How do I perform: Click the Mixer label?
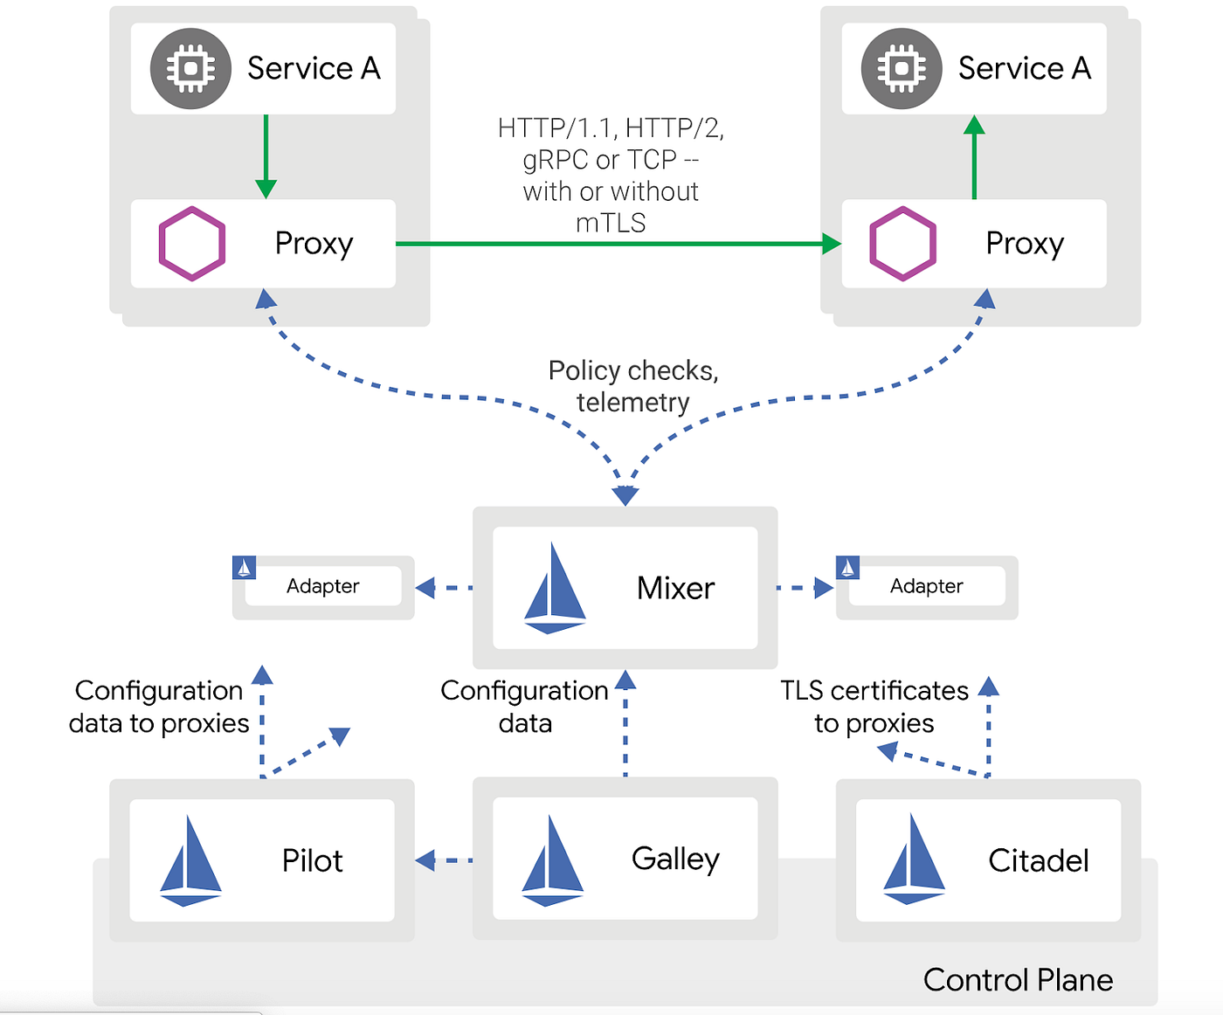pyautogui.click(x=675, y=588)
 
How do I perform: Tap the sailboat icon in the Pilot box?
pyautogui.click(x=190, y=860)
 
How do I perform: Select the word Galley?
pyautogui.click(x=675, y=860)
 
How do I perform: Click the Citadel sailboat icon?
pyautogui.click(x=914, y=859)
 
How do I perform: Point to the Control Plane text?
pyautogui.click(x=1018, y=980)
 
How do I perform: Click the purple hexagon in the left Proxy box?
pyautogui.click(x=192, y=244)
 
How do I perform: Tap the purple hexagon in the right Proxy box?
pyautogui.click(x=902, y=244)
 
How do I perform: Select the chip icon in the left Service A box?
pyautogui.click(x=190, y=68)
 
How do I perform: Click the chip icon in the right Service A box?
pyautogui.click(x=902, y=68)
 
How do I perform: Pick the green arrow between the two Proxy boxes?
pyautogui.click(x=618, y=244)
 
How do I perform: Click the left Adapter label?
pyautogui.click(x=322, y=586)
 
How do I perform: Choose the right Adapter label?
pyautogui.click(x=927, y=586)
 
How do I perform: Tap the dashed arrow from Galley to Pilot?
pyautogui.click(x=444, y=860)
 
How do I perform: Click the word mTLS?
pyautogui.click(x=611, y=223)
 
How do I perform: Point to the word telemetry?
pyautogui.click(x=633, y=403)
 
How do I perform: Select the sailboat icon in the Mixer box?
pyautogui.click(x=555, y=588)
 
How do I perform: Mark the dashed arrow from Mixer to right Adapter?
pyautogui.click(x=805, y=588)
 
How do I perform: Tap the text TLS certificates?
pyautogui.click(x=874, y=691)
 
